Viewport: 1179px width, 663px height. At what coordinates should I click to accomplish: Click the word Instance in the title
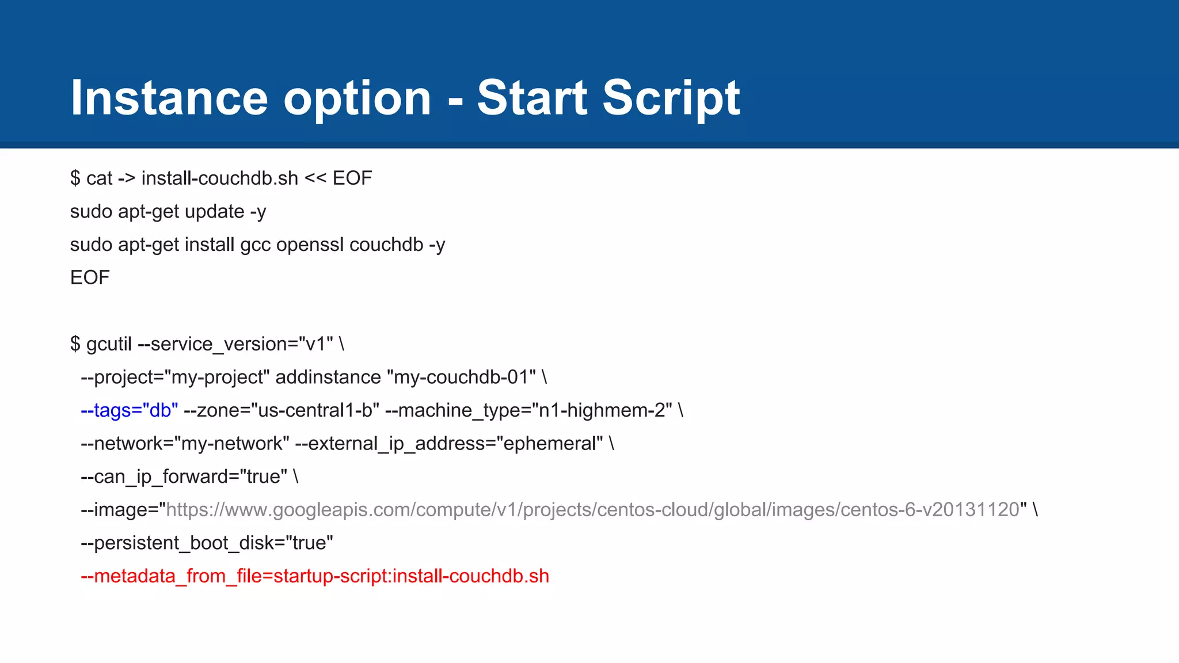169,98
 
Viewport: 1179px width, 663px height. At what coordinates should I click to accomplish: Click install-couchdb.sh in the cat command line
220,178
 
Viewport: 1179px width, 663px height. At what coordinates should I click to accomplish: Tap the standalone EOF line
90,278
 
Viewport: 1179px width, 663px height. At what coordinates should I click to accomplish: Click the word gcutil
109,344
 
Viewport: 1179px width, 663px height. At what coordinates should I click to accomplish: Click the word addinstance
328,378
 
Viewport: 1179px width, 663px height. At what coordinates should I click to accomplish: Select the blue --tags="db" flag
130,410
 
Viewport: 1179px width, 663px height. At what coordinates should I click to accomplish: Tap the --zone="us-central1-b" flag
281,410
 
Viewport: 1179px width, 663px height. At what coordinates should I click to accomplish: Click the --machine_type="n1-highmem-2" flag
528,410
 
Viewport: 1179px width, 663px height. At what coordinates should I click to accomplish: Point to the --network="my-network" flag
185,444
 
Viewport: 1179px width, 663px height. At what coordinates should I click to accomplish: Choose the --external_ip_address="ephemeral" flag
449,444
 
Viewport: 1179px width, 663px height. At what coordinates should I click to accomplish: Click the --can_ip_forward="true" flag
184,477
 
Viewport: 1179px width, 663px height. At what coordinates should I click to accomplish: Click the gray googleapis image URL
593,510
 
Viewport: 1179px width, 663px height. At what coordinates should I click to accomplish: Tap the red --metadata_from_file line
315,576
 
